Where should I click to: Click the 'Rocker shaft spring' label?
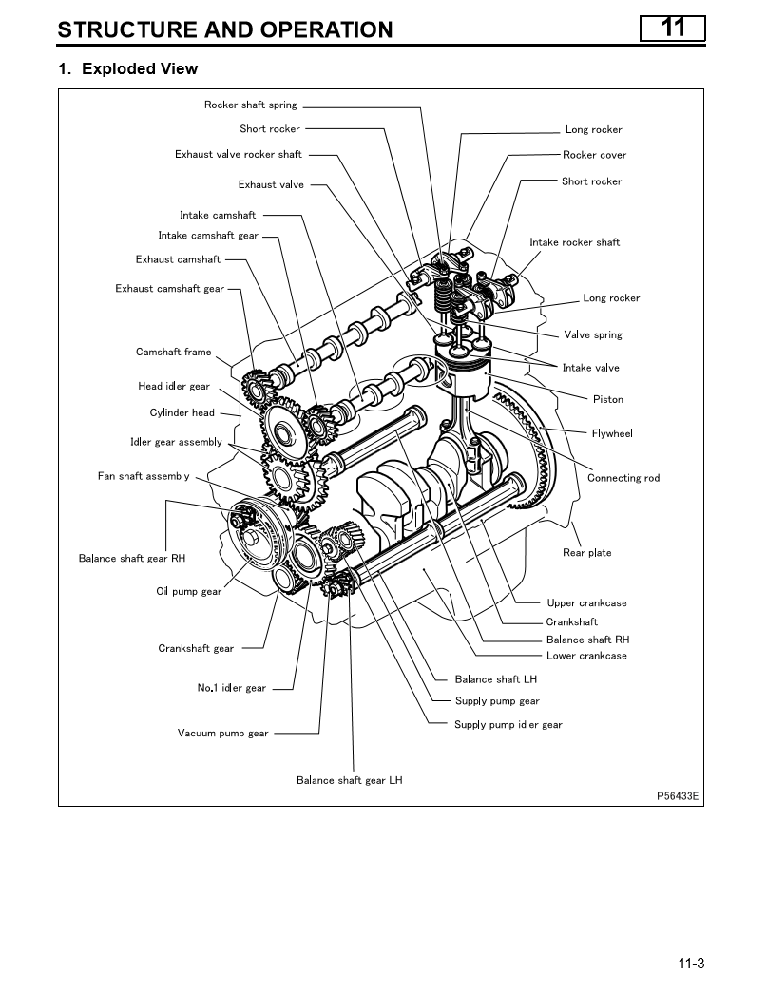[x=250, y=105]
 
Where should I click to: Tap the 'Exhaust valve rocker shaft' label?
[x=238, y=154]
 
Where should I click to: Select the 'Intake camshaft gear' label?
[x=207, y=236]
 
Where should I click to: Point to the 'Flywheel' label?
[x=611, y=433]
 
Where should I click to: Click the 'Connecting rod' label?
[x=623, y=478]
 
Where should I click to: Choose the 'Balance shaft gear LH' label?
[x=349, y=780]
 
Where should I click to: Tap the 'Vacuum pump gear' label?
[x=222, y=734]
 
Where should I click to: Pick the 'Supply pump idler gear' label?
[x=508, y=725]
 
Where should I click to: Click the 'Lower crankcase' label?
[x=586, y=656]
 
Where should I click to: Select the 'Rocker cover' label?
[x=594, y=155]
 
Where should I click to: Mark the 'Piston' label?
[x=608, y=400]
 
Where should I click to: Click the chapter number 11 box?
[x=672, y=28]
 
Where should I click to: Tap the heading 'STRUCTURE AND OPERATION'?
[x=224, y=29]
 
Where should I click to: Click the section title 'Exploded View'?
[x=140, y=69]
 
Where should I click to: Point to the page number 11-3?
[x=691, y=964]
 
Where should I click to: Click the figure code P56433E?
[x=678, y=796]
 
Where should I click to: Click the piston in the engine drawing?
[x=462, y=366]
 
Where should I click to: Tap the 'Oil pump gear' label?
[x=188, y=592]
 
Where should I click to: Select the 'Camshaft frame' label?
[x=173, y=353]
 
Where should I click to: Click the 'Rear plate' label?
[x=586, y=553]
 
